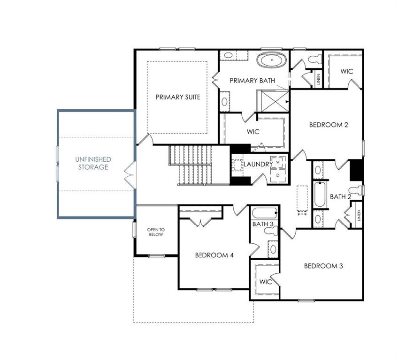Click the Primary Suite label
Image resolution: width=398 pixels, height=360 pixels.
click(x=178, y=97)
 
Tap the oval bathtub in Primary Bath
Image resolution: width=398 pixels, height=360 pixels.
click(x=272, y=60)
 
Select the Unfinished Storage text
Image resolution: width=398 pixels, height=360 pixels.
click(x=93, y=163)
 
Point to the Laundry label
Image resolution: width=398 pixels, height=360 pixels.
click(x=258, y=164)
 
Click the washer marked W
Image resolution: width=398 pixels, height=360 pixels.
click(x=278, y=162)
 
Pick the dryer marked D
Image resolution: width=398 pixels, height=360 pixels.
click(x=278, y=175)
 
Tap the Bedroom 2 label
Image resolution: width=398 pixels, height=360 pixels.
click(x=329, y=125)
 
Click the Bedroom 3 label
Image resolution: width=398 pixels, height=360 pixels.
click(x=323, y=266)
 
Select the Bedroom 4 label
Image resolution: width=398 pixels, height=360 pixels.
click(x=214, y=255)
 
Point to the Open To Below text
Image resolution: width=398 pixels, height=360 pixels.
click(x=156, y=232)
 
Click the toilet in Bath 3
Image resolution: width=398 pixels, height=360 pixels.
click(x=271, y=231)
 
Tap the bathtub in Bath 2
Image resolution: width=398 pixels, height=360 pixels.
click(x=320, y=194)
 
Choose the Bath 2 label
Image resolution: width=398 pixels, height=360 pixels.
click(x=341, y=196)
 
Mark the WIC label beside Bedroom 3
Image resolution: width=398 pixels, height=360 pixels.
click(x=266, y=282)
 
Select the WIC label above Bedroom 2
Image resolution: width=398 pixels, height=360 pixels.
click(x=347, y=72)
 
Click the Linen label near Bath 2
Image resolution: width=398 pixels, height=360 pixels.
click(x=359, y=216)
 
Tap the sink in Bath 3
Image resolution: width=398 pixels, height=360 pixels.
click(x=273, y=249)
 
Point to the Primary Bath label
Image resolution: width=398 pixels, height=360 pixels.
click(x=253, y=81)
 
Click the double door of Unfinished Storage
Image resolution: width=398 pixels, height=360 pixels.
click(x=130, y=175)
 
